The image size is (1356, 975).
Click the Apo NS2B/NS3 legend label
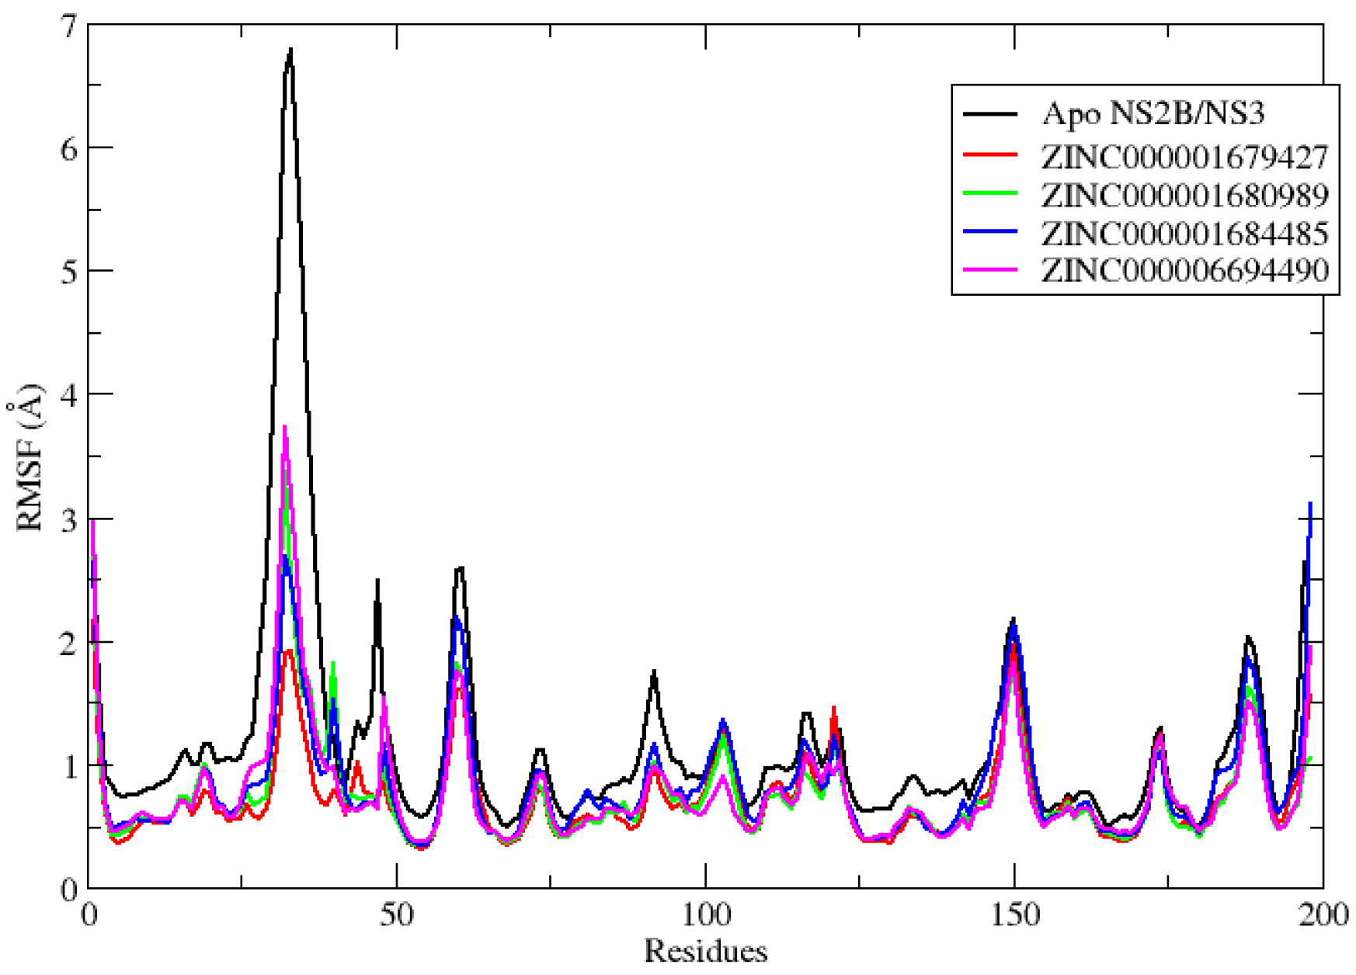point(1153,113)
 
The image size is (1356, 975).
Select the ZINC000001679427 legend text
point(1184,157)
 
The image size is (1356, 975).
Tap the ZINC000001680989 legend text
point(1184,195)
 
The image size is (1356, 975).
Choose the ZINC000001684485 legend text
point(1184,233)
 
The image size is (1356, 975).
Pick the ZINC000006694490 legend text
point(1184,270)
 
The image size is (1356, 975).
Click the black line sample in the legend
point(990,114)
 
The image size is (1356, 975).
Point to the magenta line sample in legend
point(990,269)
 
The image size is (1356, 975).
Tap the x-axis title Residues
point(705,951)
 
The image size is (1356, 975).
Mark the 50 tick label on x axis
point(397,915)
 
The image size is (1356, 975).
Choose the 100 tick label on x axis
point(705,915)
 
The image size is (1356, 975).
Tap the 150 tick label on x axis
point(1014,915)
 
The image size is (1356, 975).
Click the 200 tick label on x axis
point(1323,915)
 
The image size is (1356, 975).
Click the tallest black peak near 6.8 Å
point(290,50)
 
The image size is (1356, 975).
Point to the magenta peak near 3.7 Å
point(285,427)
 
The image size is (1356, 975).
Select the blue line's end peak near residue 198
point(1310,504)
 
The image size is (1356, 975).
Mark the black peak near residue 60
point(461,568)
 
